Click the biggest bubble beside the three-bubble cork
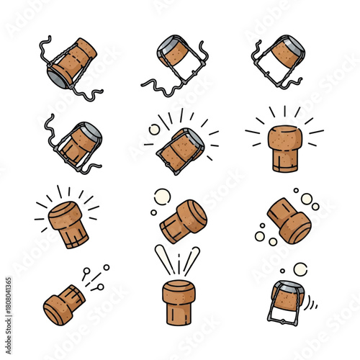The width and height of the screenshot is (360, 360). [163, 196]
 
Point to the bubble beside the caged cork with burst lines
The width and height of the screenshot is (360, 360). [153, 130]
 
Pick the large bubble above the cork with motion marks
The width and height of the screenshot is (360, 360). [300, 269]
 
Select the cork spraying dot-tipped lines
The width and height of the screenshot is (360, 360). [64, 305]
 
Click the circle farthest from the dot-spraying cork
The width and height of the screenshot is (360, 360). [107, 267]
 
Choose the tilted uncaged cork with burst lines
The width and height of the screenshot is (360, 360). [66, 223]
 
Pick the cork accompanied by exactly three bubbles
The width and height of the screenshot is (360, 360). [182, 220]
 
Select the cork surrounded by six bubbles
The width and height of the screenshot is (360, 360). [289, 220]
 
